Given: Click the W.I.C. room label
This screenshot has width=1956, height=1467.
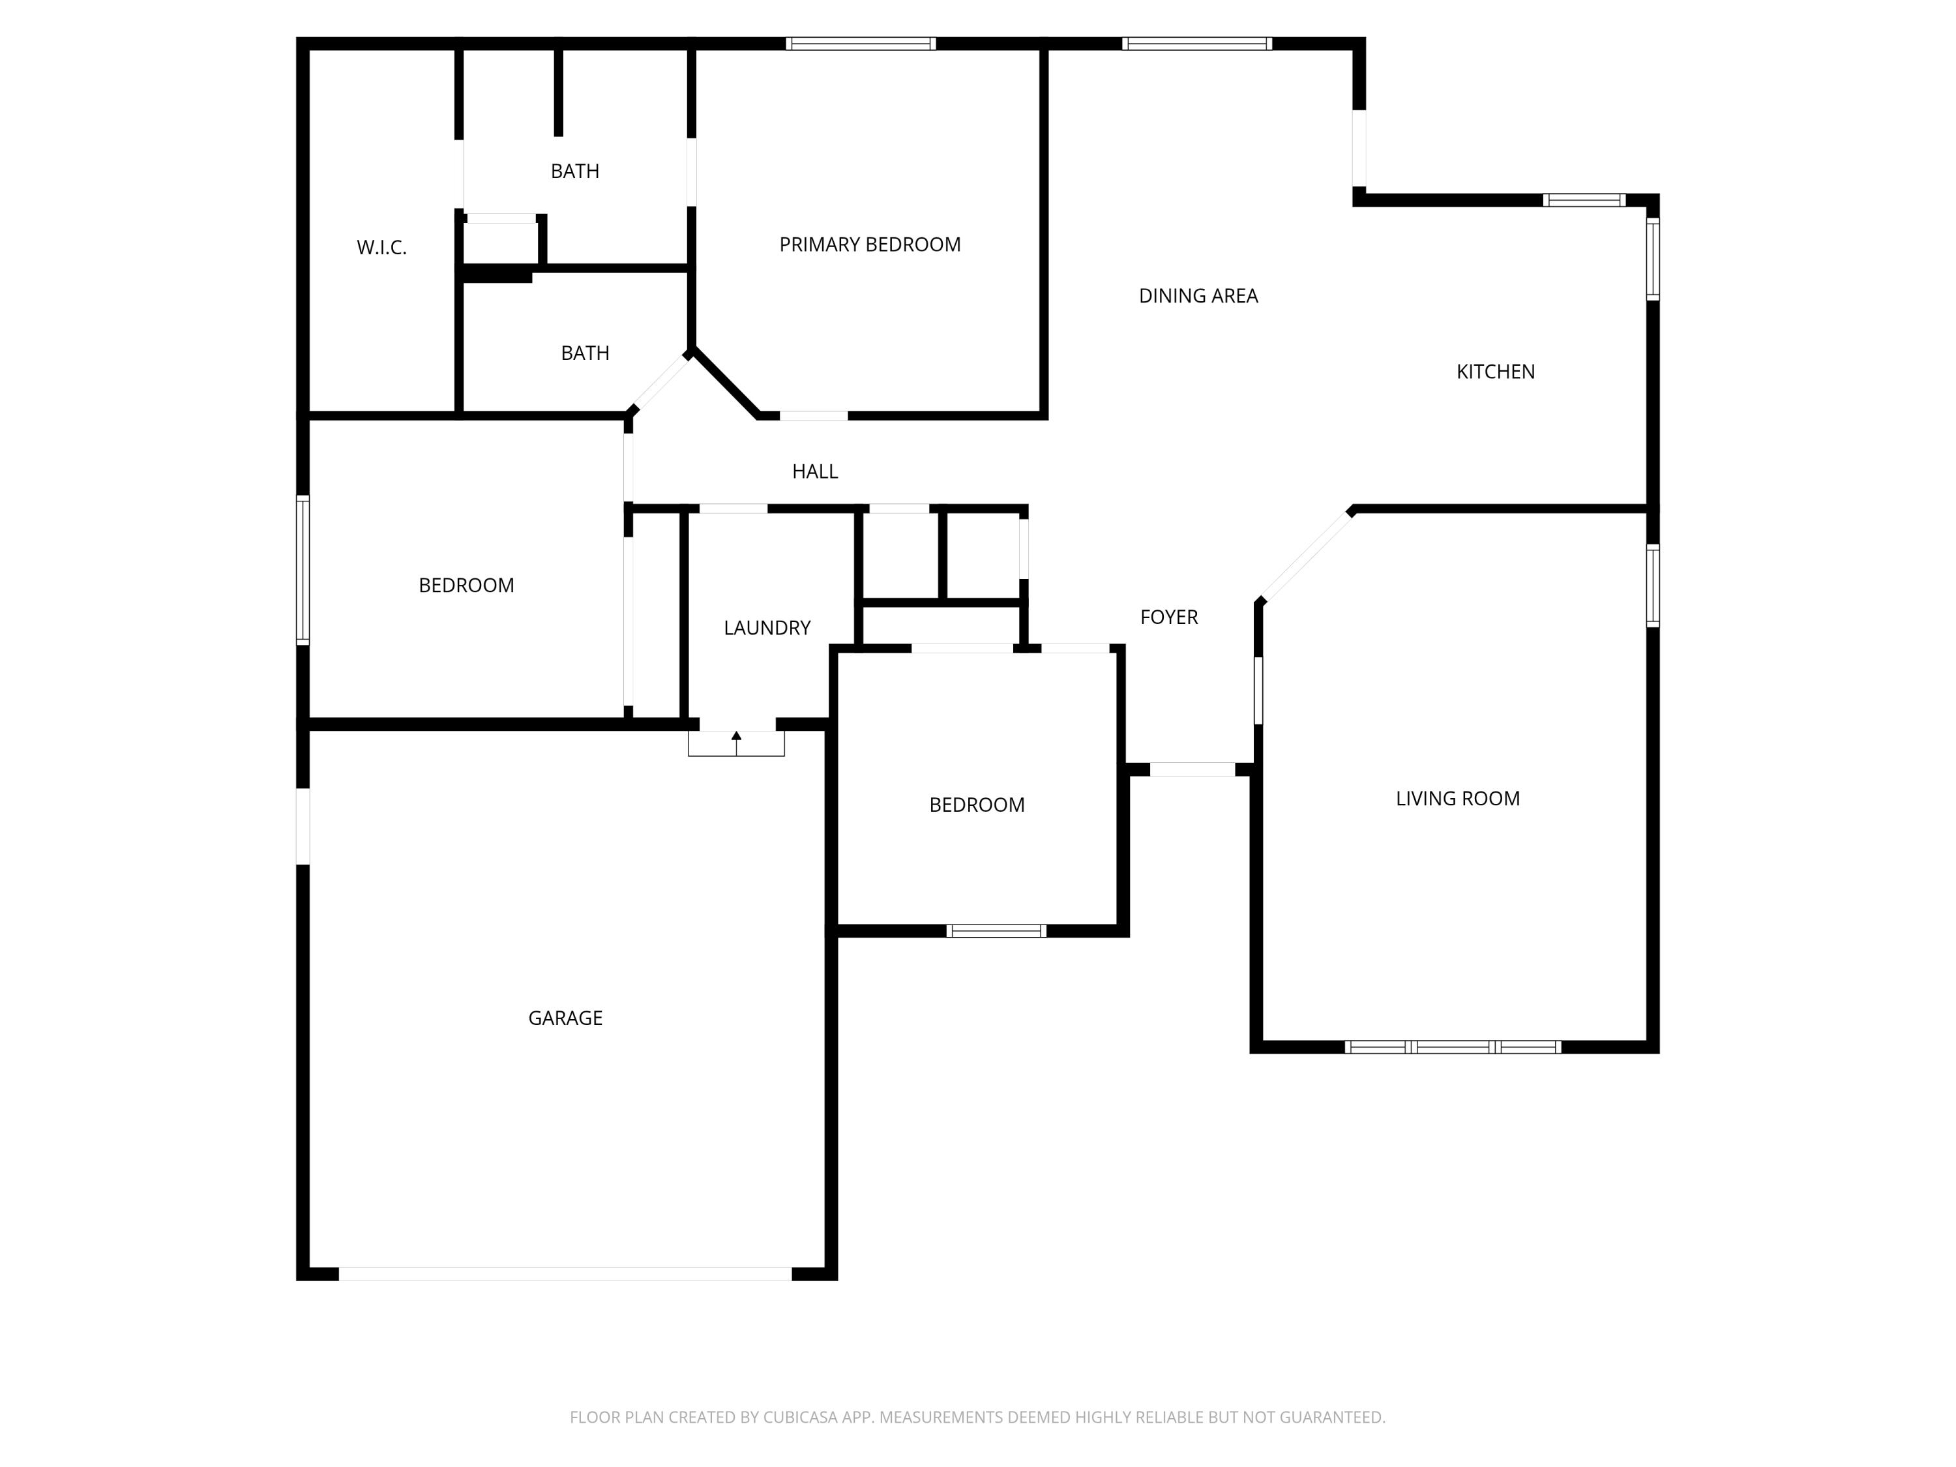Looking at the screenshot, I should tap(381, 248).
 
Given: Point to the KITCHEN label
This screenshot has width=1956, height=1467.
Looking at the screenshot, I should tap(1494, 372).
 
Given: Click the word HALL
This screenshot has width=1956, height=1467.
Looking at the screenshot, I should tap(814, 472).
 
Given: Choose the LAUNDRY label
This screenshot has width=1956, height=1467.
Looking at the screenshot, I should tap(767, 628).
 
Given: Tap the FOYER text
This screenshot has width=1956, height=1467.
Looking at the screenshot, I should tap(1168, 617).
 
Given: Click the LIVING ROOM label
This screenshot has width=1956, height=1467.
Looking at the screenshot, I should tap(1457, 799).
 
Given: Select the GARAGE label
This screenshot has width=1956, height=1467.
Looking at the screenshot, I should tap(565, 1018).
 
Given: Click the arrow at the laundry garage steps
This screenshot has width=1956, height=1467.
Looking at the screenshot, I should tap(737, 735).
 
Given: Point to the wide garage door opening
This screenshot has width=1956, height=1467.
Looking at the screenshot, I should tap(565, 1273).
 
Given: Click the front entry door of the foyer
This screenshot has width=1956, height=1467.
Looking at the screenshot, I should tap(1192, 769).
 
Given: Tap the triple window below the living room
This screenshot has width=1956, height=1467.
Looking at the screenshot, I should tap(1452, 1047).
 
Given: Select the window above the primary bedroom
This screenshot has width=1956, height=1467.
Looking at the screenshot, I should tap(861, 43).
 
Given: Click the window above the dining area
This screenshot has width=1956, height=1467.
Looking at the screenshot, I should tap(1196, 43).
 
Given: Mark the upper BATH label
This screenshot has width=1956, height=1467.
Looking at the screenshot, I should tap(575, 171).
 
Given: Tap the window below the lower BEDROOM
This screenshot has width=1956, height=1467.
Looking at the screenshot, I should tap(996, 930).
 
